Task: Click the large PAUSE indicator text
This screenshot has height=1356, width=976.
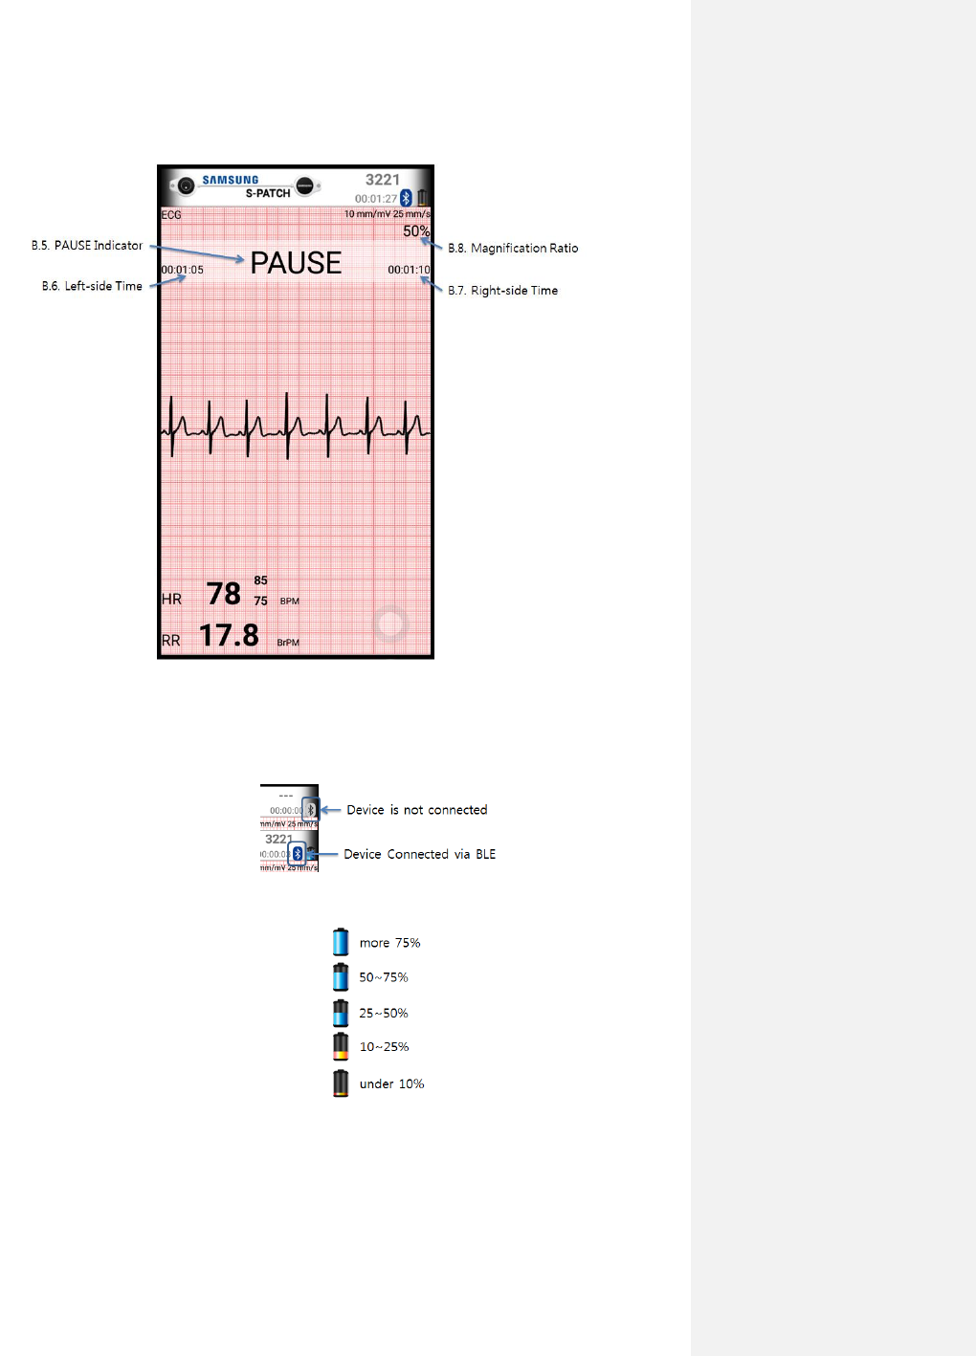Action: tap(296, 263)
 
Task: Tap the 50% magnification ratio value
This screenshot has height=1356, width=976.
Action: tap(416, 231)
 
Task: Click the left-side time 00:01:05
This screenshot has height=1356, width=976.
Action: tap(182, 270)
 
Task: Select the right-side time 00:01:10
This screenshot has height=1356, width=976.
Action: tap(409, 270)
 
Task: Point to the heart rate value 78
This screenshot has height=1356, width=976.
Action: tap(224, 594)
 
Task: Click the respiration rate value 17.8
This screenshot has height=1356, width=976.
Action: tap(229, 635)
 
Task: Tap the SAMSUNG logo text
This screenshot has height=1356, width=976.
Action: tap(231, 180)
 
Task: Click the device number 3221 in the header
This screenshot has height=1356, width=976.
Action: tap(383, 180)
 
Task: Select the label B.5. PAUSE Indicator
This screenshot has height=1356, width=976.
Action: tap(87, 246)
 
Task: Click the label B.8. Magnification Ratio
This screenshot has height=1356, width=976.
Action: tap(513, 248)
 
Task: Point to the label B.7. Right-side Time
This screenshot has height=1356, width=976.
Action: tap(502, 291)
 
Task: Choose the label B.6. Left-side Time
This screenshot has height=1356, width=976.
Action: tap(92, 286)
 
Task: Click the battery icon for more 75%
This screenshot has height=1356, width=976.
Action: tap(341, 942)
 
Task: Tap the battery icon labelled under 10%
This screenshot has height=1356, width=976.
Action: tap(341, 1083)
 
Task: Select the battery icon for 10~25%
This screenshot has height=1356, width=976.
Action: tap(341, 1047)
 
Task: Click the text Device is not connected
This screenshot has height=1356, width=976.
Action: tap(416, 810)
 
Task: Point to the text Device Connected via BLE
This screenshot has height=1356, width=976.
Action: tap(419, 854)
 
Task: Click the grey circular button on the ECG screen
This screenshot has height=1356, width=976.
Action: tap(390, 624)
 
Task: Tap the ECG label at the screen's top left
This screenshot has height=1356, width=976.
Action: tap(171, 215)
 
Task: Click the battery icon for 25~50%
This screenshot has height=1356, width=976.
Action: tap(341, 1013)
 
